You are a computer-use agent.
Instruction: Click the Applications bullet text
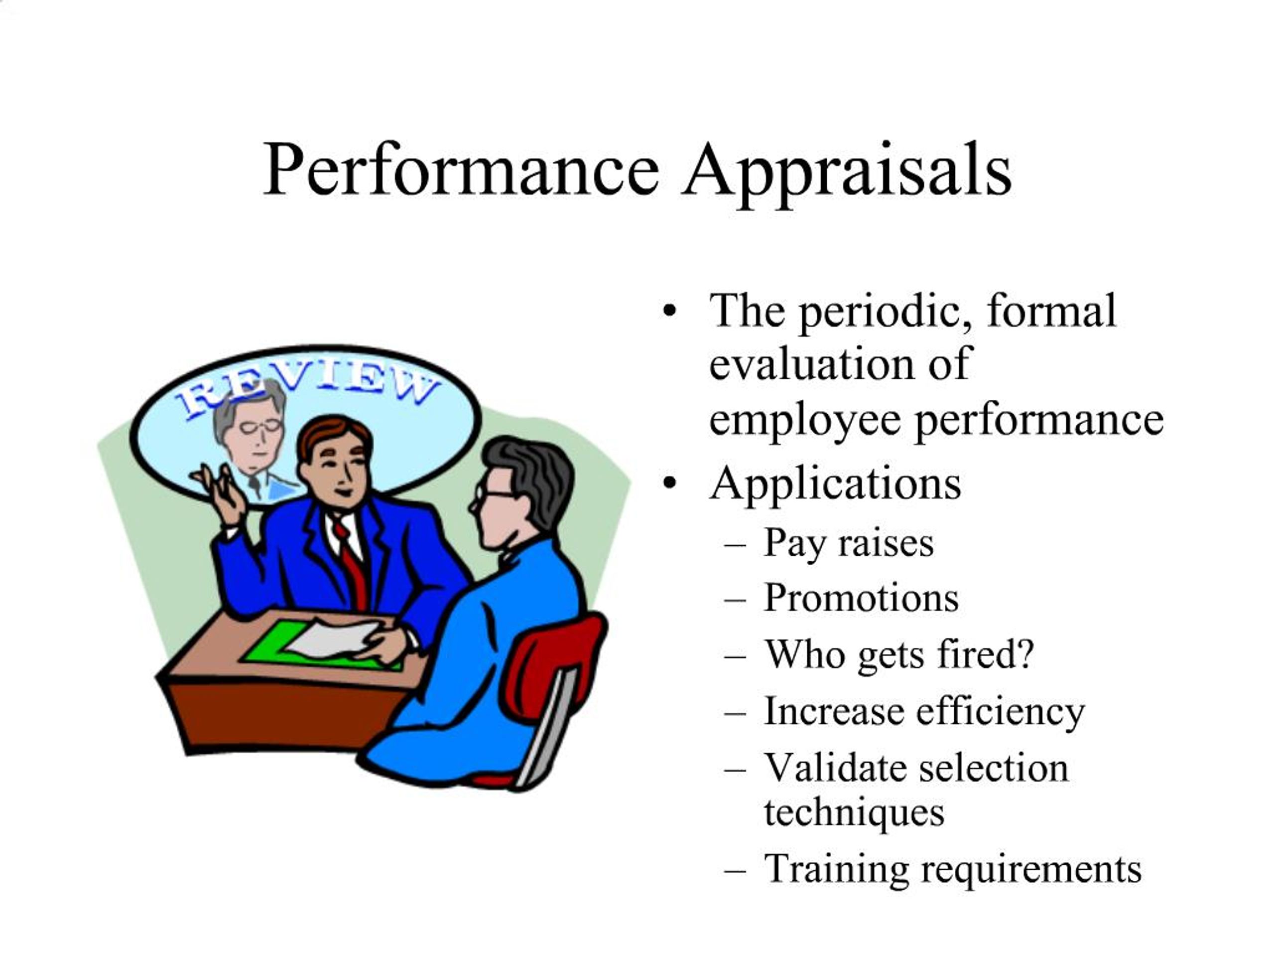836,483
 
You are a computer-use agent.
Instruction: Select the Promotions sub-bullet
861,598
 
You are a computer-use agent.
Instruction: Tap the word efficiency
1000,711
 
